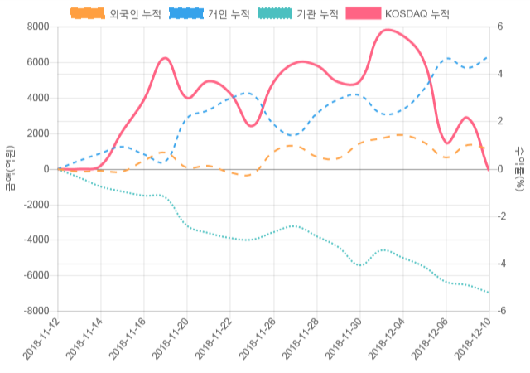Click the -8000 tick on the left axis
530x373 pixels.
(x=36, y=312)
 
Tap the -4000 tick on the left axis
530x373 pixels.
(x=36, y=240)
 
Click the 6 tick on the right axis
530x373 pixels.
(x=499, y=27)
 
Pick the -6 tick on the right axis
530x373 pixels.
(x=501, y=312)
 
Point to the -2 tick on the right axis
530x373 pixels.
(x=501, y=216)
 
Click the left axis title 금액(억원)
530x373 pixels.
(x=10, y=168)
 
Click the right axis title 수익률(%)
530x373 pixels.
(x=519, y=168)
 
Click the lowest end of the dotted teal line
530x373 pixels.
(x=489, y=293)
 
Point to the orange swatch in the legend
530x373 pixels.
(x=87, y=14)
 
